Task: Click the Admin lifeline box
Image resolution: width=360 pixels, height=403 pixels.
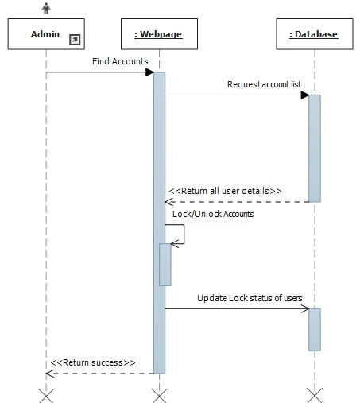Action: pos(45,34)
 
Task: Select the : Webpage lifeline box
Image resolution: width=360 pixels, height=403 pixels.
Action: pos(159,34)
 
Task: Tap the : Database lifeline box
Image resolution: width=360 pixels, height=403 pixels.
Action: pos(314,34)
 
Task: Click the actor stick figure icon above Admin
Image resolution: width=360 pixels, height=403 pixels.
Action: pos(46,8)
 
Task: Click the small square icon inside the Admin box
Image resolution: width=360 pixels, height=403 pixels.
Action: pos(75,39)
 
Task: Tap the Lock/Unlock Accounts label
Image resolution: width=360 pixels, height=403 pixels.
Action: pos(213,214)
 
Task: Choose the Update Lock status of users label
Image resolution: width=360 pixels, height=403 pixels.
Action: pos(250,297)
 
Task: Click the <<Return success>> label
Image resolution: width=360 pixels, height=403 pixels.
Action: pos(92,362)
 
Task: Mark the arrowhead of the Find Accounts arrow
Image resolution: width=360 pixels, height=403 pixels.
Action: pos(149,72)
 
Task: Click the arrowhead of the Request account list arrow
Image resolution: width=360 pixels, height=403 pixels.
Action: pos(304,95)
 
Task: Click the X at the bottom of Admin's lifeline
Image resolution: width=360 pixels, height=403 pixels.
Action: pos(46,395)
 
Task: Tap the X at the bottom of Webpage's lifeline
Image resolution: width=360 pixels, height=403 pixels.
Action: pos(159,395)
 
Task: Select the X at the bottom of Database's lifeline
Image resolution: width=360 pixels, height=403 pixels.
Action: pos(315,395)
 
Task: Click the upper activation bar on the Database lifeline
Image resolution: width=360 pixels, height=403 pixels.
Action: pos(315,148)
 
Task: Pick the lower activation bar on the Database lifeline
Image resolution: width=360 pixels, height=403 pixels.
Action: pos(315,329)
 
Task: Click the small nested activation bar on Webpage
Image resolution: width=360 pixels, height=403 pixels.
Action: pos(165,264)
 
